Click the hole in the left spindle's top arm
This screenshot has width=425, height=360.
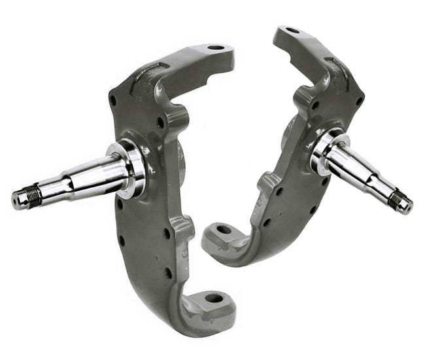click(x=216, y=49)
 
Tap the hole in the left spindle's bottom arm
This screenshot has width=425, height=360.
click(x=214, y=298)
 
